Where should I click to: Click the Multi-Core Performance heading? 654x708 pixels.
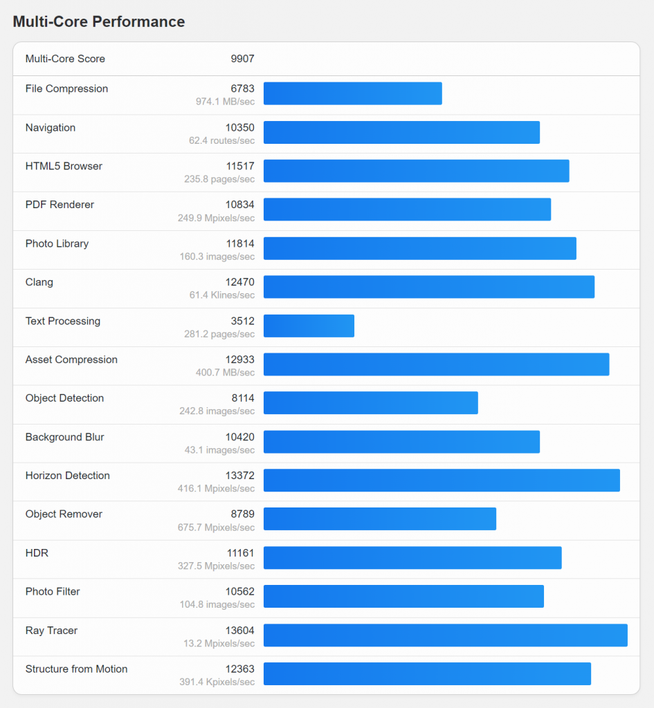[x=99, y=21]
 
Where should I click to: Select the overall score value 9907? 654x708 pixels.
[x=242, y=59]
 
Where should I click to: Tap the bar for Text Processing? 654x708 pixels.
[x=309, y=326]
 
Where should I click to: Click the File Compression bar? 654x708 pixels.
[x=352, y=93]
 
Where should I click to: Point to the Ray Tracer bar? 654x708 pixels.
[x=445, y=635]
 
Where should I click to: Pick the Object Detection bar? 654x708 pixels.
[x=370, y=403]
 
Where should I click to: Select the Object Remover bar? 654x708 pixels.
[x=379, y=519]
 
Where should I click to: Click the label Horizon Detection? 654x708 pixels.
[x=67, y=476]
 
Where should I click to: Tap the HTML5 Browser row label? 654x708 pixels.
[x=64, y=166]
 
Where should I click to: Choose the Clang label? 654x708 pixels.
[x=39, y=282]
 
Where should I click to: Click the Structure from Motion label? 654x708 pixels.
[x=76, y=669]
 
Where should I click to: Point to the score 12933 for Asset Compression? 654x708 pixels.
[x=239, y=360]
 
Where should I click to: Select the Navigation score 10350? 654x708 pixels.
[x=239, y=127]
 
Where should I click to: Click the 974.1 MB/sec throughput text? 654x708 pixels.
[x=225, y=102]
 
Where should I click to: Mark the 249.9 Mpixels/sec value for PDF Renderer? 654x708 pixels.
[x=216, y=218]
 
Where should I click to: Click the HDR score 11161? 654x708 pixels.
[x=240, y=553]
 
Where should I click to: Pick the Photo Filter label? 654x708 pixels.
[x=53, y=591]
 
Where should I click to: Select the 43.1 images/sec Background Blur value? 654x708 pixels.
[x=221, y=450]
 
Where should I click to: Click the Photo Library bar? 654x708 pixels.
[x=419, y=248]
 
